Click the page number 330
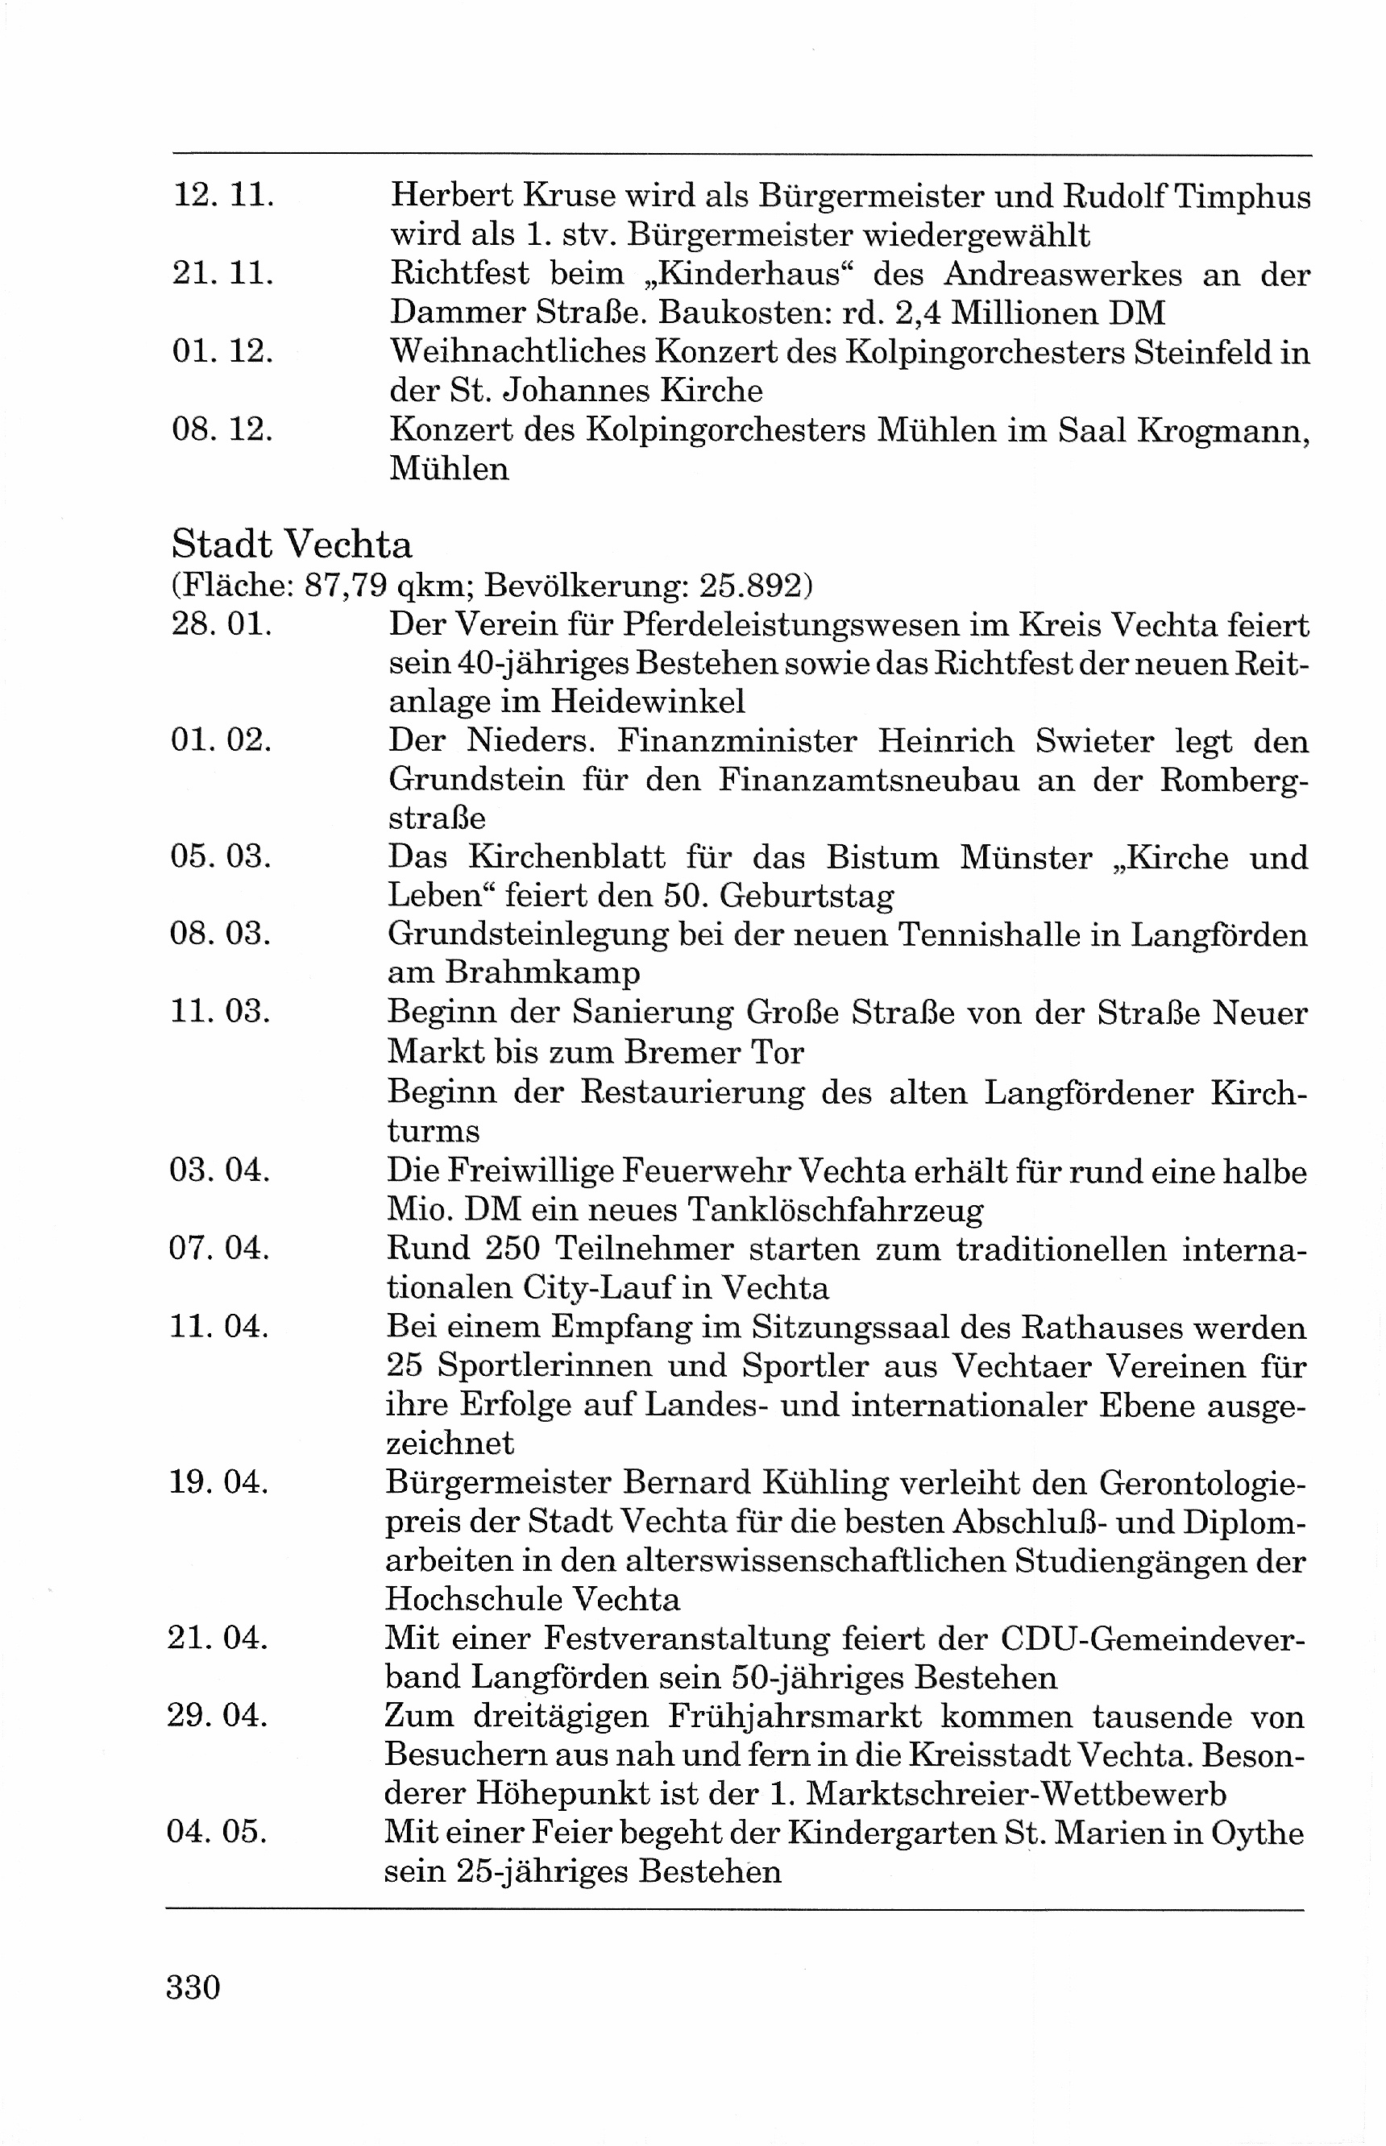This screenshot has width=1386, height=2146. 193,1986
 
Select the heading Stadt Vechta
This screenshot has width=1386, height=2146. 292,545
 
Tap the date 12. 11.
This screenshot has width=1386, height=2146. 222,195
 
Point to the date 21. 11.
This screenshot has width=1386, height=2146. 222,272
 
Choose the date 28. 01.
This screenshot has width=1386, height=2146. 222,623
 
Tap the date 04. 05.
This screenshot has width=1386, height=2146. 217,1831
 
